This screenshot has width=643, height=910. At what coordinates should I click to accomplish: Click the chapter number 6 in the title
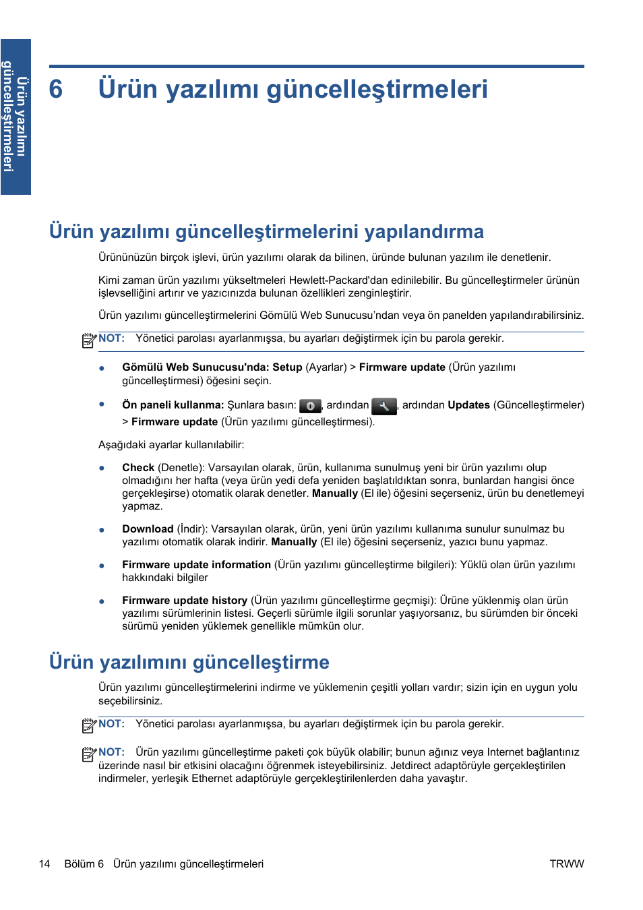(56, 90)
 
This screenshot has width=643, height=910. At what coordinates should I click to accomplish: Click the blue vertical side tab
(16, 117)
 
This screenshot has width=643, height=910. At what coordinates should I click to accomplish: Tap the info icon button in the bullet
(310, 406)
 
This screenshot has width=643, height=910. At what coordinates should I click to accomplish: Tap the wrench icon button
(384, 406)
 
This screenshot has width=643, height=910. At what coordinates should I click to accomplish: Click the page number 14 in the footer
(44, 864)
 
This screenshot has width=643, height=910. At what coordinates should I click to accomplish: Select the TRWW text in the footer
(566, 864)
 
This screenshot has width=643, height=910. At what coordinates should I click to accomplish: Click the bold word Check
(138, 468)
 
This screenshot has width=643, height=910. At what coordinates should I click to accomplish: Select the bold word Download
(148, 529)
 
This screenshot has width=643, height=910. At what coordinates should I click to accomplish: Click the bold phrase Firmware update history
(184, 601)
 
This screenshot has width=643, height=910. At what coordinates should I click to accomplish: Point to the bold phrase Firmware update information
(196, 565)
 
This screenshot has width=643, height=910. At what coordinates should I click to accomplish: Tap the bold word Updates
(468, 405)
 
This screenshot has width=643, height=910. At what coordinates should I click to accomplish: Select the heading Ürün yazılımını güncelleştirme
(189, 662)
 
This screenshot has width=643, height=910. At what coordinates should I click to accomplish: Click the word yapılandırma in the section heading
(424, 232)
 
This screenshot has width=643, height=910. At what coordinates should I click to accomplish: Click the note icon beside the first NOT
(89, 340)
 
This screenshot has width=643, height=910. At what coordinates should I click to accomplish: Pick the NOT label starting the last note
(111, 752)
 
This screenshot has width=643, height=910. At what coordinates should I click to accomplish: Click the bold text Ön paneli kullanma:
(173, 405)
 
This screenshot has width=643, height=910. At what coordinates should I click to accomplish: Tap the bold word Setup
(287, 367)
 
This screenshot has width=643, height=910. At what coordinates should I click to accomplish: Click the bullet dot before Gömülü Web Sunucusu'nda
(102, 368)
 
